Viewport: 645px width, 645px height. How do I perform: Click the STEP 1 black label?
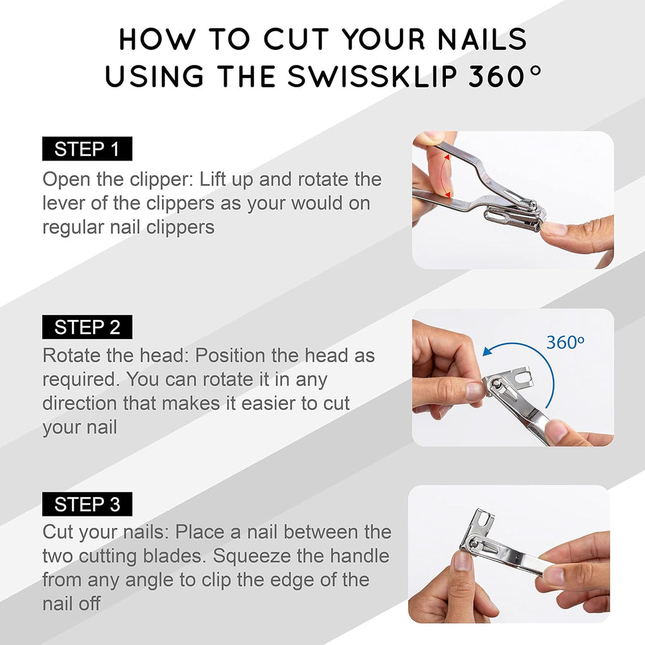click(x=87, y=149)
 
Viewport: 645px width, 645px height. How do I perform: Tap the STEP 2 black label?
click(x=87, y=328)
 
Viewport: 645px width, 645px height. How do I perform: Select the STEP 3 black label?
click(x=87, y=505)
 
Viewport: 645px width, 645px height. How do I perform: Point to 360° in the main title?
click(x=504, y=76)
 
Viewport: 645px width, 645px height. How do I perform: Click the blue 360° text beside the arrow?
click(x=565, y=343)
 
